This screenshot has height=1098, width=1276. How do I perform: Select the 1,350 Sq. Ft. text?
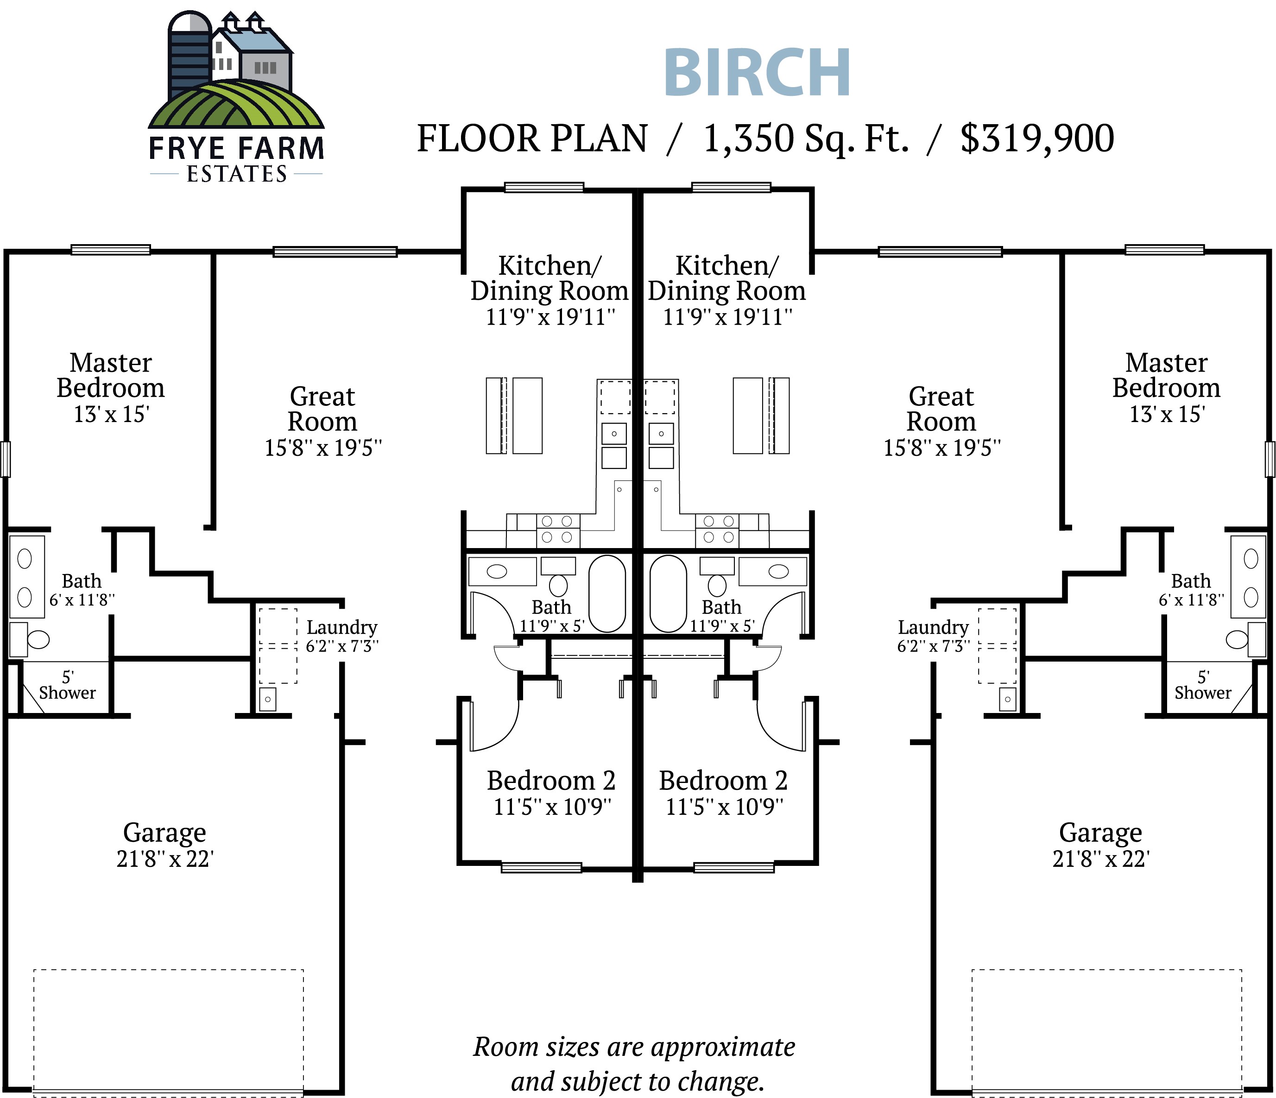(806, 138)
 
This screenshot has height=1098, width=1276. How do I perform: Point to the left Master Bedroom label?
(111, 376)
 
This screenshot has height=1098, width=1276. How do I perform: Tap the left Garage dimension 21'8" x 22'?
(165, 858)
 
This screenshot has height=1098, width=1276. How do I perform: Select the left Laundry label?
(342, 627)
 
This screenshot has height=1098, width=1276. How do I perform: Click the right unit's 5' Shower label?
(1203, 685)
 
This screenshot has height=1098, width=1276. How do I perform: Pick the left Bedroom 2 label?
(551, 781)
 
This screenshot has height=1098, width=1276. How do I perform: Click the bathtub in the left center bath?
(607, 593)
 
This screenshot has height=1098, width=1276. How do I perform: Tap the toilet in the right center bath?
(717, 584)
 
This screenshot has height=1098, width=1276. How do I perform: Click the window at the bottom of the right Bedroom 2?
(733, 868)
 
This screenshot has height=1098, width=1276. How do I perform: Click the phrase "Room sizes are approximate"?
(634, 1047)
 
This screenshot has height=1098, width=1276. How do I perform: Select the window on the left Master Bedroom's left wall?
(6, 459)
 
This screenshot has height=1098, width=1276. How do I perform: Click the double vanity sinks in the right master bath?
(1251, 577)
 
